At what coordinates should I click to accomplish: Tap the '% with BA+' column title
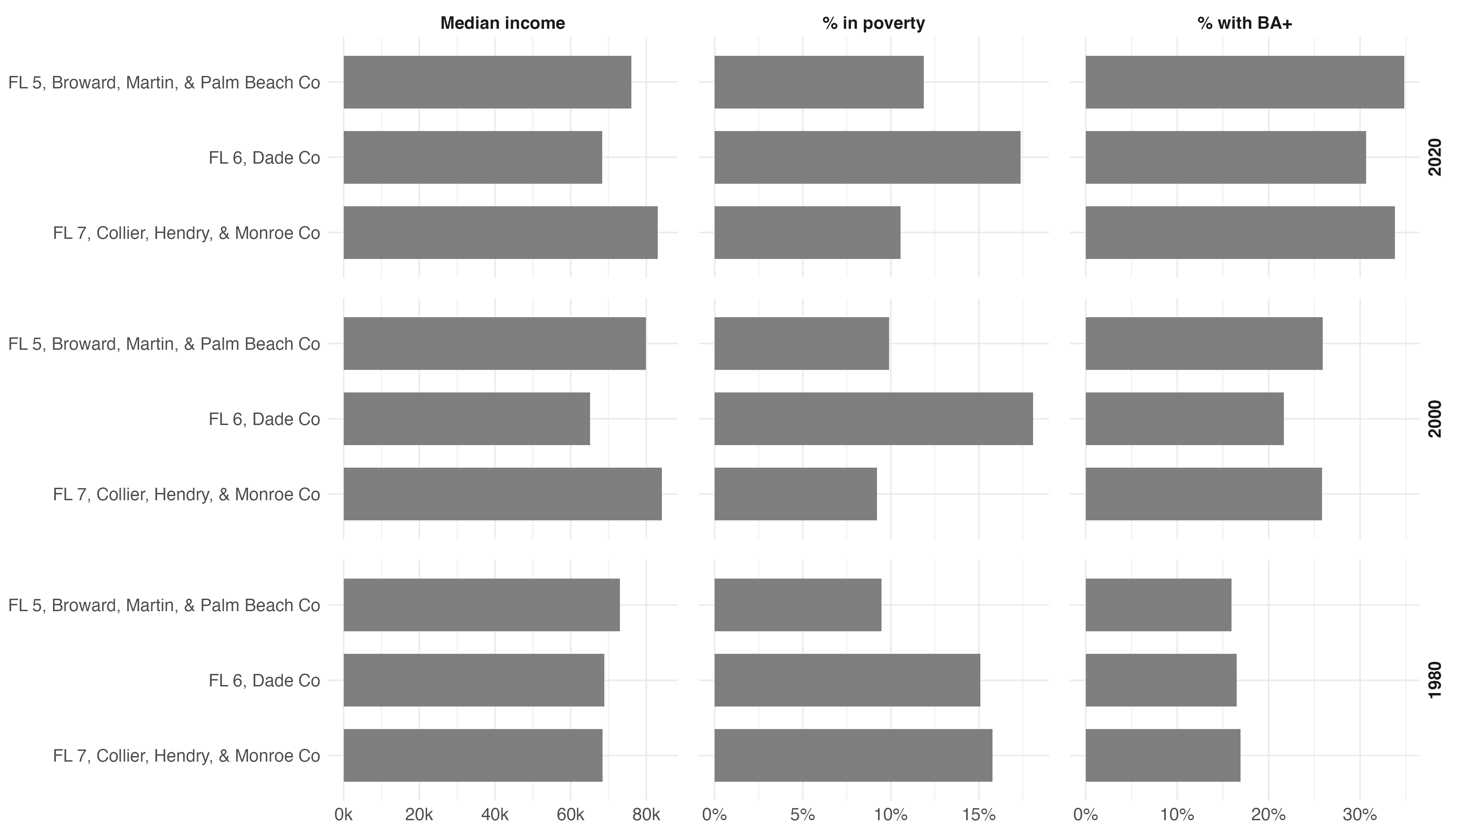coord(1244,24)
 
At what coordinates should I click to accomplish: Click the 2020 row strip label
coord(1435,157)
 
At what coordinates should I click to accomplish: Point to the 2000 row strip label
coord(1435,419)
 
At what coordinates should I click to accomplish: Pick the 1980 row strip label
coord(1435,680)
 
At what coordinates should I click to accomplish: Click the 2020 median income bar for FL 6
coord(472,157)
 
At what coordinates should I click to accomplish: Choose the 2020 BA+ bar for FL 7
coord(1240,233)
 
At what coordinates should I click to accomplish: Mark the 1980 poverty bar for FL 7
coord(853,755)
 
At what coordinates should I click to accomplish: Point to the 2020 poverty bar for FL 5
coord(819,82)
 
